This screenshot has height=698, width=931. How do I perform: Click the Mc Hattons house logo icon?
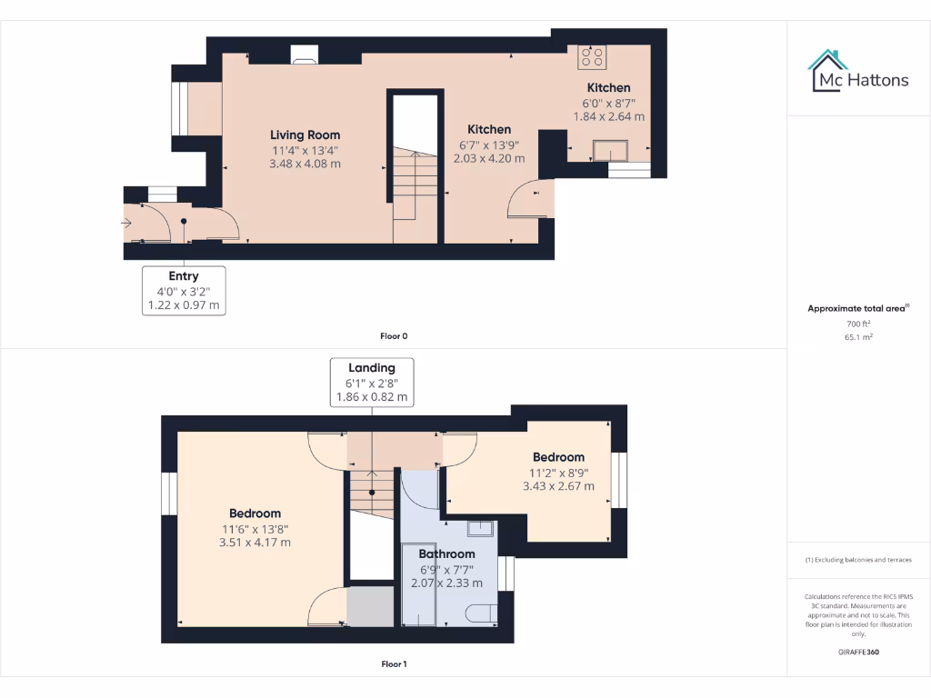coord(828,71)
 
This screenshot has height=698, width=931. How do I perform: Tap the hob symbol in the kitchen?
coord(593,57)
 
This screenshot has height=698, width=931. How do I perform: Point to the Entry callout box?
coord(184,290)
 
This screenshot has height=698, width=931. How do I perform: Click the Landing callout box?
coord(372,382)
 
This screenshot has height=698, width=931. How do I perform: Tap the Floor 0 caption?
coord(394,336)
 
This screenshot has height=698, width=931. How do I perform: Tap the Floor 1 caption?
coord(394,664)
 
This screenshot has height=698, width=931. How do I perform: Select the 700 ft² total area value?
coord(858,324)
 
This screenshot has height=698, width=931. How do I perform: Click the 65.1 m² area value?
coord(858,336)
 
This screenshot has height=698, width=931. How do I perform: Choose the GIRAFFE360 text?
coord(858,652)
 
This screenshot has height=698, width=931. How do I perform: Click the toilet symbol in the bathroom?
coord(481,613)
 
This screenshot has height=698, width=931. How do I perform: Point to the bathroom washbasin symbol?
coord(480,529)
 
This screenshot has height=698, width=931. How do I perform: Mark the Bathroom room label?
coord(446,553)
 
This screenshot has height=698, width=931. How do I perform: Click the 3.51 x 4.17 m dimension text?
coord(255,543)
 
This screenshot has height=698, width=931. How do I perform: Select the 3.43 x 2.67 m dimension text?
coord(558,486)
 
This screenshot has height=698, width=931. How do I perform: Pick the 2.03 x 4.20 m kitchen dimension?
coord(489,158)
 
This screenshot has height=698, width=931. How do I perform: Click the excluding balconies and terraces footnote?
coord(858,560)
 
